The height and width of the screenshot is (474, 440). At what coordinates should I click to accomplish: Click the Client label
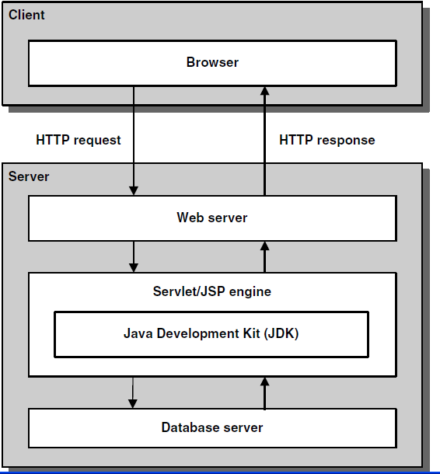pyautogui.click(x=26, y=15)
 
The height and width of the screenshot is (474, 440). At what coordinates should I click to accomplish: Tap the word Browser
pyautogui.click(x=212, y=62)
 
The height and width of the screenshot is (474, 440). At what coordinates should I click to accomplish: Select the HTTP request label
pyautogui.click(x=79, y=141)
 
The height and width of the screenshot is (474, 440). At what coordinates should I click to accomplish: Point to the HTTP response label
pyautogui.click(x=327, y=141)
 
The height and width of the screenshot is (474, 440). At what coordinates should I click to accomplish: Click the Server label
pyautogui.click(x=29, y=176)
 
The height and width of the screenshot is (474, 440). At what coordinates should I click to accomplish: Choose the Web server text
pyautogui.click(x=212, y=218)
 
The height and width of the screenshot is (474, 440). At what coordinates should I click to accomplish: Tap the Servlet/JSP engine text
pyautogui.click(x=212, y=291)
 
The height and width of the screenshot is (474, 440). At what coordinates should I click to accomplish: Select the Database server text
pyautogui.click(x=212, y=427)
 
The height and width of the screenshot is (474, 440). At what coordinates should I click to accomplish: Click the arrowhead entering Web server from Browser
pyautogui.click(x=134, y=190)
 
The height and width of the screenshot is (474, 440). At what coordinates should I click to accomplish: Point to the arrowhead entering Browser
pyautogui.click(x=264, y=91)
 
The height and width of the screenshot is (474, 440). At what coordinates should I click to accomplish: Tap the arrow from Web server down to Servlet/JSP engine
pyautogui.click(x=134, y=256)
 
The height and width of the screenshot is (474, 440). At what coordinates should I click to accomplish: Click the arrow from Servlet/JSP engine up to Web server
pyautogui.click(x=264, y=256)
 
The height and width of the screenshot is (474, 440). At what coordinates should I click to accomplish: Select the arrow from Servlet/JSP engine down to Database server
pyautogui.click(x=133, y=392)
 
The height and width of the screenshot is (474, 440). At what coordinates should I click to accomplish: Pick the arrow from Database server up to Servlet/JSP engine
pyautogui.click(x=264, y=393)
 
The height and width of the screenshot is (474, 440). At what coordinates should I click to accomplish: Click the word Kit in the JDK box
pyautogui.click(x=251, y=333)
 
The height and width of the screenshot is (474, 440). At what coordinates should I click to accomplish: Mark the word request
pyautogui.click(x=97, y=141)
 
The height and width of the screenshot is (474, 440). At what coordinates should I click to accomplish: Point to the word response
pyautogui.click(x=346, y=141)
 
